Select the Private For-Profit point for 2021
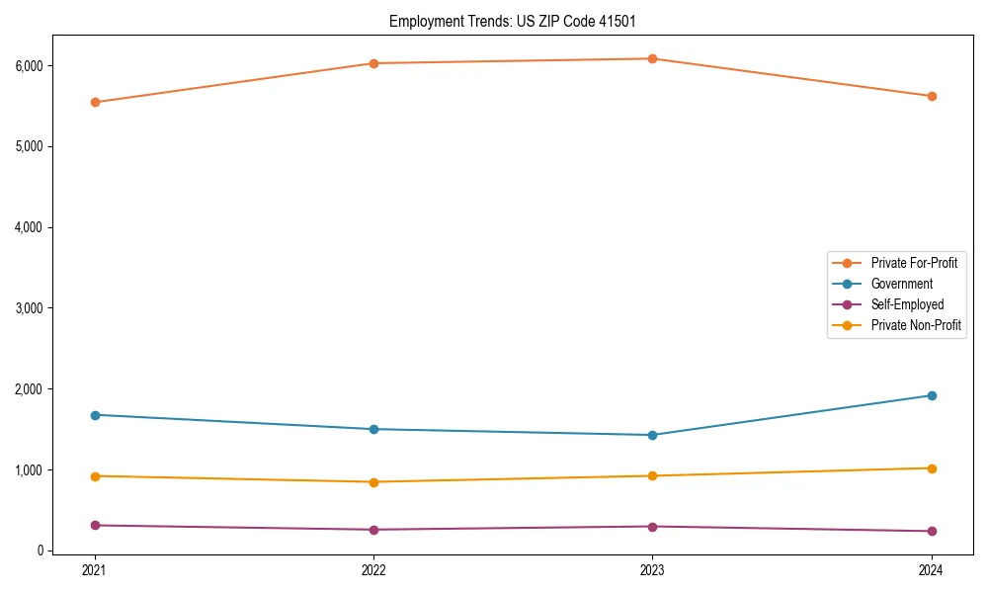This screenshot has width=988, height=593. (x=95, y=102)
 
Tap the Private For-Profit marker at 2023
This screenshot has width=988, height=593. (x=653, y=58)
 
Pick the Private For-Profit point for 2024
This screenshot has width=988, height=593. (x=932, y=96)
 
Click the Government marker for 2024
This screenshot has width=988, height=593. (x=932, y=395)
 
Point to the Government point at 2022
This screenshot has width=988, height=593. (x=373, y=429)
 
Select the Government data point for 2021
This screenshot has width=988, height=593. (x=95, y=415)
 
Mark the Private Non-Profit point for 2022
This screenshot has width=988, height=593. (x=373, y=482)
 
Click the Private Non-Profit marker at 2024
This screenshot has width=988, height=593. (x=932, y=468)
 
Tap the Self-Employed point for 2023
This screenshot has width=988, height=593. (x=653, y=527)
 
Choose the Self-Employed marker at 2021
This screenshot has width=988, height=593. (x=95, y=526)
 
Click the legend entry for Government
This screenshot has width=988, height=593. (x=901, y=284)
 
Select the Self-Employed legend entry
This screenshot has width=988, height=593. (x=907, y=304)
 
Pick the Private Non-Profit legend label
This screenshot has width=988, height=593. (x=916, y=325)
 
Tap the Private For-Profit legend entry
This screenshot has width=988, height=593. (x=914, y=263)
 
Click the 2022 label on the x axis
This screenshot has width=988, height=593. (x=373, y=570)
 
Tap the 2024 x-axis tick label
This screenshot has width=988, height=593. (x=932, y=570)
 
